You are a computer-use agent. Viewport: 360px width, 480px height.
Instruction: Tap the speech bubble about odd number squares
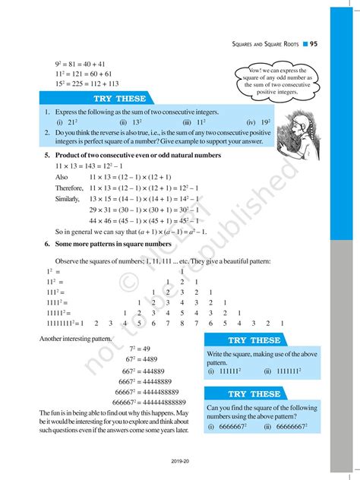point(276,80)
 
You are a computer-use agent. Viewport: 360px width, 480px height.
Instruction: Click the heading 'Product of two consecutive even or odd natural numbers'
point(137,155)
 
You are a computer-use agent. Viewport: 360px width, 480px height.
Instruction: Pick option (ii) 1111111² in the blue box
point(282,371)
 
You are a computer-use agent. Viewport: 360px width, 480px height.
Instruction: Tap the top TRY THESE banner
point(115,99)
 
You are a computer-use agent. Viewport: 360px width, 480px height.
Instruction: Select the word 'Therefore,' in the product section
point(69,188)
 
